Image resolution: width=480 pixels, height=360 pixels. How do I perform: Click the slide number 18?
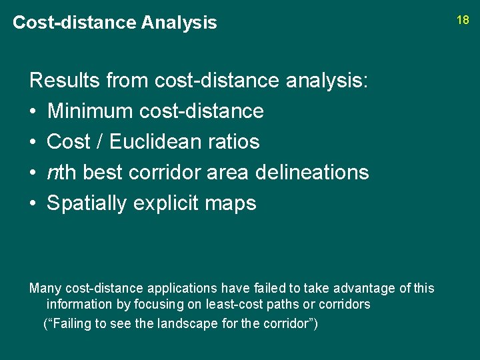tap(463, 20)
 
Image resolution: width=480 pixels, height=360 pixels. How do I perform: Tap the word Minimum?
tap(90, 111)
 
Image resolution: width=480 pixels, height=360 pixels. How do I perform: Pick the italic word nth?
tap(61, 172)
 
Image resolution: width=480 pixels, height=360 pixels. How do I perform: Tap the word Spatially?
tap(87, 203)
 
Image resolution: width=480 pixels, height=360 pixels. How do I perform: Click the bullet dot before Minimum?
tap(33, 111)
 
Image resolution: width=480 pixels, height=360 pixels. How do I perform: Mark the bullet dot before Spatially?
tap(33, 203)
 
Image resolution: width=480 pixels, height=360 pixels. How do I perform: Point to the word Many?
tap(44, 289)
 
